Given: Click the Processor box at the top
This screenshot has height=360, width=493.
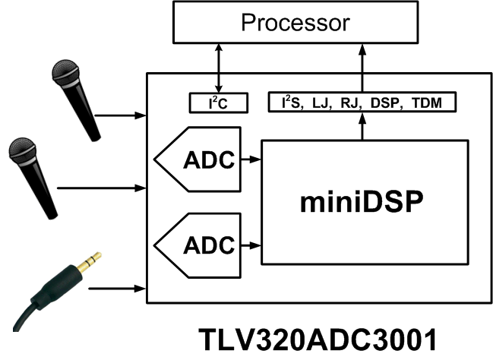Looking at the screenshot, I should click(x=295, y=22).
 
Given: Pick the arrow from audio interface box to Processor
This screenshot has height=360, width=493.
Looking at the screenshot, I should click(x=362, y=68).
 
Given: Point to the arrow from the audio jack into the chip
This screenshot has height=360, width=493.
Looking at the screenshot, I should click(x=118, y=289).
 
